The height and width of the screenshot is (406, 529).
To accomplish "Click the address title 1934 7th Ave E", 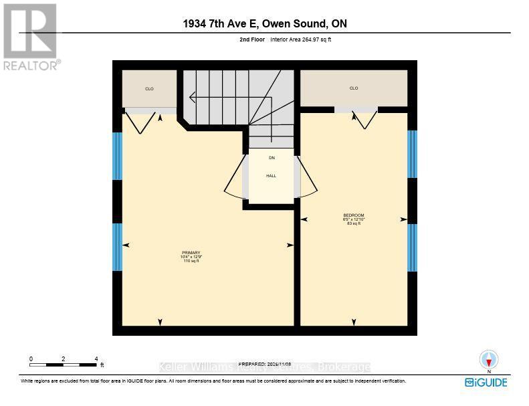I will point(264,24).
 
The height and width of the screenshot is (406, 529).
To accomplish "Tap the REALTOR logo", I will point(30,37).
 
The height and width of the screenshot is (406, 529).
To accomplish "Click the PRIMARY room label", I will point(191,252).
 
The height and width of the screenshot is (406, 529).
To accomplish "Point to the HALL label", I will point(271,176).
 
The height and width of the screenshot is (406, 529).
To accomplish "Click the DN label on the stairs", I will point(272,158).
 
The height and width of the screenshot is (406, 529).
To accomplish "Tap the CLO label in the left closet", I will point(149,89).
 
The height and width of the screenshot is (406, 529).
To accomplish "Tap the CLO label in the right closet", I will point(354,88).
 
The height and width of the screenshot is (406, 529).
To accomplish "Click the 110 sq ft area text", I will point(191,261).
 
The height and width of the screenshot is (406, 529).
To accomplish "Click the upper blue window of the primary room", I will point(117,156).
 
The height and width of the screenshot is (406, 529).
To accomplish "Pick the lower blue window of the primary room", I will point(117,247).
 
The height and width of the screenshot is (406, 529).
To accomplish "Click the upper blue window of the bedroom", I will point(412,155).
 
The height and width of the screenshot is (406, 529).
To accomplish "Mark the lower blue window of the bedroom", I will point(412,247).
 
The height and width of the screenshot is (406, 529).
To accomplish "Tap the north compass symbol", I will point(489,360).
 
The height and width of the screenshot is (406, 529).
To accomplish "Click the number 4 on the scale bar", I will point(96,359).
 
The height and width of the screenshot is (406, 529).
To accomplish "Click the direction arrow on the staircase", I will point(193,97).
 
